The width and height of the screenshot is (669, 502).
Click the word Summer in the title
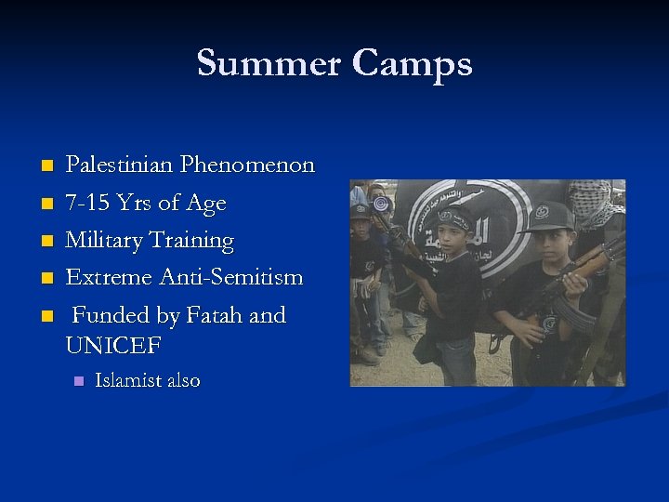269,63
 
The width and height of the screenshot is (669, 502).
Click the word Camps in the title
412,65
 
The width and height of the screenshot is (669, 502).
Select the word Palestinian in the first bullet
120,165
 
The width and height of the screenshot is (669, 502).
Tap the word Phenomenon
248,165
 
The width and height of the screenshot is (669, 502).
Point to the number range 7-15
88,203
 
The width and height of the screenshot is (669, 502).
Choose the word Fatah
216,315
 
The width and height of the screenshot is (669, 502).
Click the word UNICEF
113,346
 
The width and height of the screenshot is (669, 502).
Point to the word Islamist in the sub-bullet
128,380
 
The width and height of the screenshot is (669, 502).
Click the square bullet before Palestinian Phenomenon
46,166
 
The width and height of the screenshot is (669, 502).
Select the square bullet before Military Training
46,242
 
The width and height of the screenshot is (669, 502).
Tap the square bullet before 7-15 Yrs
46,204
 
